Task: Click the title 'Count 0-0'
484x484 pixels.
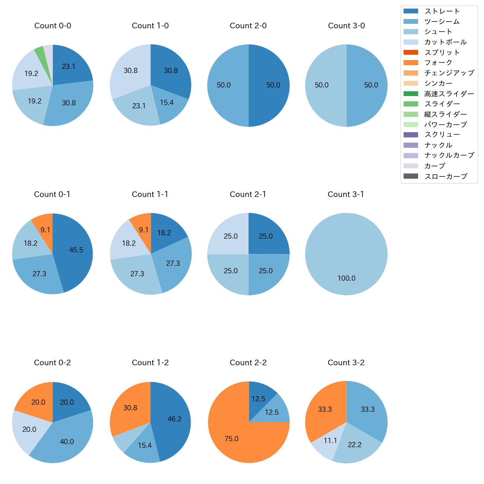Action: click(52, 26)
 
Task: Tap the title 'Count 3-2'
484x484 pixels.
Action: click(346, 363)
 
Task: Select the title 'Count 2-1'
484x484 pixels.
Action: click(248, 194)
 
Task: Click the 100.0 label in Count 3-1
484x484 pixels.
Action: click(346, 278)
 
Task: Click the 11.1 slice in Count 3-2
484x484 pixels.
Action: click(328, 443)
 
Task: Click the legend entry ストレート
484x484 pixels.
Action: click(442, 11)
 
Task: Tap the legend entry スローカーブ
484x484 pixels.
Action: click(446, 176)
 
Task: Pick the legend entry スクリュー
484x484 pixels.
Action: click(442, 135)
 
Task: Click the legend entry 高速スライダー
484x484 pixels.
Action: click(449, 94)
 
